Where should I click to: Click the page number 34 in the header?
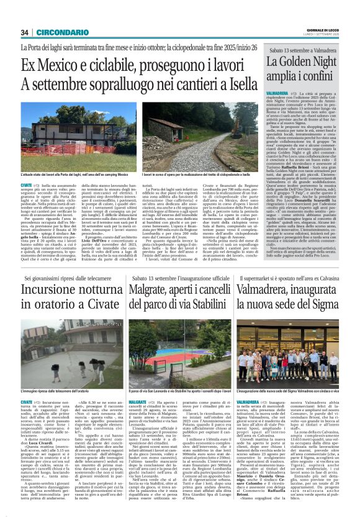pos(25,32)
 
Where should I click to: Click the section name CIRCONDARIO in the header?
pos(55,32)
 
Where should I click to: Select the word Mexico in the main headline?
pos(66,65)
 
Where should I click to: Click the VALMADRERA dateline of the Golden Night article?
pos(279,91)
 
